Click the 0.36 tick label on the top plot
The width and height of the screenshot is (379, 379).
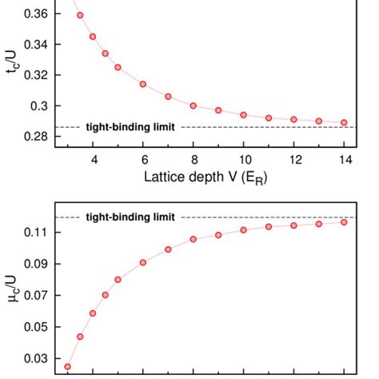[34, 14]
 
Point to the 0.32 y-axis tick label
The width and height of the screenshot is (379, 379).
[34, 75]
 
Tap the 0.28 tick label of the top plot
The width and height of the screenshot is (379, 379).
[34, 137]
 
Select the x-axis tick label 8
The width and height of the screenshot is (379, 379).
[193, 160]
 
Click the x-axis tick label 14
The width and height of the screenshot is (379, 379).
[344, 160]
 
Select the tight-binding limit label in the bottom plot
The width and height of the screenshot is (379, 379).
[130, 217]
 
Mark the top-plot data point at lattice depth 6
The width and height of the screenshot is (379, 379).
[143, 84]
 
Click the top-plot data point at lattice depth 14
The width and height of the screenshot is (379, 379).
[344, 122]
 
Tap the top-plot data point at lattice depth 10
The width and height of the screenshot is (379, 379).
[244, 115]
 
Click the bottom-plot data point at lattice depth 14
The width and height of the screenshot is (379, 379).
[344, 222]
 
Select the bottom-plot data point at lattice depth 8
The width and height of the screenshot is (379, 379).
[193, 239]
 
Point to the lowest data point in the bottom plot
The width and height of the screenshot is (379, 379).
[68, 366]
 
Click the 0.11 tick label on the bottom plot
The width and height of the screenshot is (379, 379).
[34, 233]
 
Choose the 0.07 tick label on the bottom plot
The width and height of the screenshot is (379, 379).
[34, 296]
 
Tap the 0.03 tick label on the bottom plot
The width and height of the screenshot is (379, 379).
[34, 359]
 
